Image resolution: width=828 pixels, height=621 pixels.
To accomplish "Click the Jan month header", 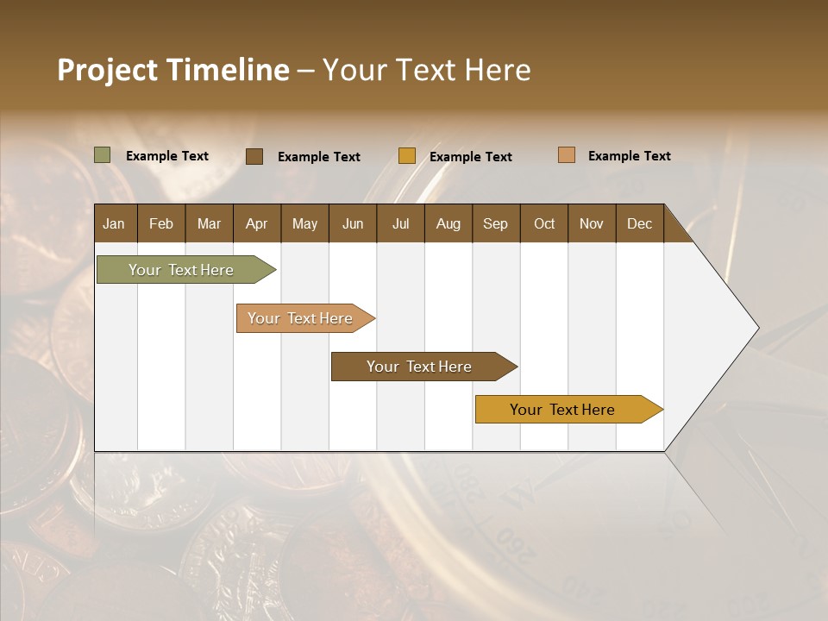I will pyautogui.click(x=114, y=223).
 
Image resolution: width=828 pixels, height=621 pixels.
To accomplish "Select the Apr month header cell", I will pyautogui.click(x=256, y=223).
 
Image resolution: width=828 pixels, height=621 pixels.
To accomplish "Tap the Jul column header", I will pyautogui.click(x=400, y=223).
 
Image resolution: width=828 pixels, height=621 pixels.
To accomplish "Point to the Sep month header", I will pyautogui.click(x=495, y=223).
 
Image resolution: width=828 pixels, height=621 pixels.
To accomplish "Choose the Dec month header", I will pyautogui.click(x=639, y=223).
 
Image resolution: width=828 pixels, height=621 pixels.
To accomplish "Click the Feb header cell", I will pyautogui.click(x=161, y=223).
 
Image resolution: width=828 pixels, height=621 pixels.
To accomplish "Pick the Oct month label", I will pyautogui.click(x=544, y=223).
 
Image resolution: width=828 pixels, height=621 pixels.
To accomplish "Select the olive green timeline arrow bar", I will pyautogui.click(x=182, y=270).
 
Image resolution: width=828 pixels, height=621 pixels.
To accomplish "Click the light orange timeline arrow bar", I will pyautogui.click(x=301, y=318).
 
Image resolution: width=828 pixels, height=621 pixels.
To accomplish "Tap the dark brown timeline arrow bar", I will pyautogui.click(x=420, y=367).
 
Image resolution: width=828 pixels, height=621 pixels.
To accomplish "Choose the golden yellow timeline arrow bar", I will pyautogui.click(x=563, y=410).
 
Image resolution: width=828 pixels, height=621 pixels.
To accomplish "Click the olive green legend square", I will pyautogui.click(x=103, y=155).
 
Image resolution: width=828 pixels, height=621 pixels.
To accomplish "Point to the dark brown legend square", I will pyautogui.click(x=254, y=156).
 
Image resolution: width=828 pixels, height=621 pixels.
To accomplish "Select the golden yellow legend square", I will pyautogui.click(x=407, y=156).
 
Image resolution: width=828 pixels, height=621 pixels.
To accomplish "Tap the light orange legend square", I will pyautogui.click(x=567, y=155).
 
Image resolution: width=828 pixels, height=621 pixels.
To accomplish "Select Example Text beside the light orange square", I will pyautogui.click(x=629, y=156).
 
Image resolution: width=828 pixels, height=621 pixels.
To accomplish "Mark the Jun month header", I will pyautogui.click(x=353, y=223).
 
